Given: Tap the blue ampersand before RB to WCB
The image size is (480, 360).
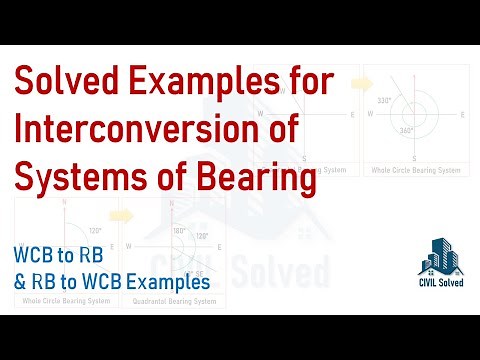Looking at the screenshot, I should coord(21,283).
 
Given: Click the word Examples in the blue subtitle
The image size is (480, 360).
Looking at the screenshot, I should coord(167,283).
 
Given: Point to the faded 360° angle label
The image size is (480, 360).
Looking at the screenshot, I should coord(405,130).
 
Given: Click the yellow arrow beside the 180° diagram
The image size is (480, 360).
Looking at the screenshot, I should coord(121,213).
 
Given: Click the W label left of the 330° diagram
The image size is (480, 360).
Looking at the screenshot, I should coord(370,113).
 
